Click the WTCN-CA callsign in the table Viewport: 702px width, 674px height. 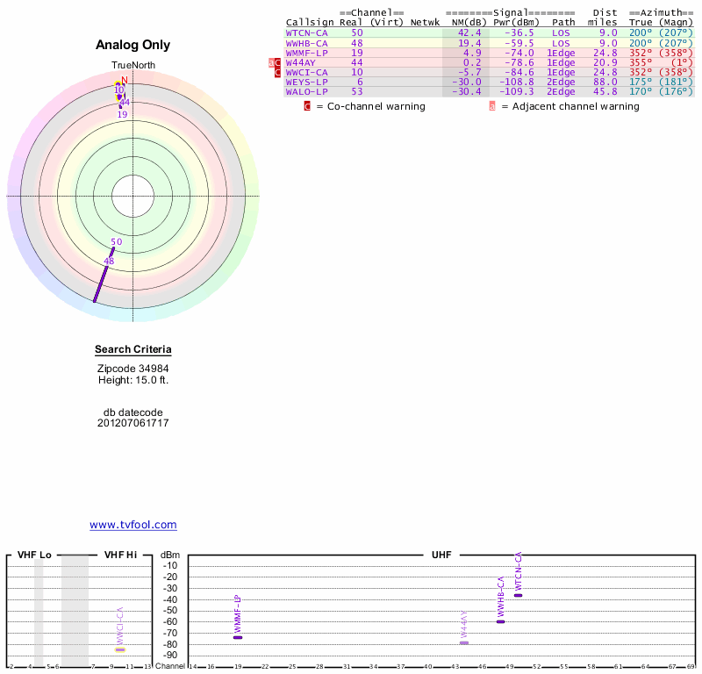[x=307, y=32]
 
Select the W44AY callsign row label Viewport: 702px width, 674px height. [x=302, y=62]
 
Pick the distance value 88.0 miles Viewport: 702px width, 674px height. [x=605, y=82]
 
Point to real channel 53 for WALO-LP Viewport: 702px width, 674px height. [x=356, y=91]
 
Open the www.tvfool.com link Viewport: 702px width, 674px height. [x=133, y=525]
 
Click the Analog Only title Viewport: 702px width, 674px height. [x=133, y=45]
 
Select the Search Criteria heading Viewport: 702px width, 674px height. [x=133, y=349]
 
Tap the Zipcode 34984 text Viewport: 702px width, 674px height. [x=133, y=369]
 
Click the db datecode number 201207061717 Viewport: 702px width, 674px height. [x=133, y=423]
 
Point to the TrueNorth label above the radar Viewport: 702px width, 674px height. [x=132, y=66]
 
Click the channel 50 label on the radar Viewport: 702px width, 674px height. [x=116, y=241]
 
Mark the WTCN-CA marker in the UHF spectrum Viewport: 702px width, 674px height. [x=519, y=595]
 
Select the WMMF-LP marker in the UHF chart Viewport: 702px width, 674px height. [x=238, y=637]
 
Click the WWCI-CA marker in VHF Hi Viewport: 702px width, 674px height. [x=120, y=649]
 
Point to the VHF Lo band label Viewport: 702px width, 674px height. [x=34, y=555]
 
